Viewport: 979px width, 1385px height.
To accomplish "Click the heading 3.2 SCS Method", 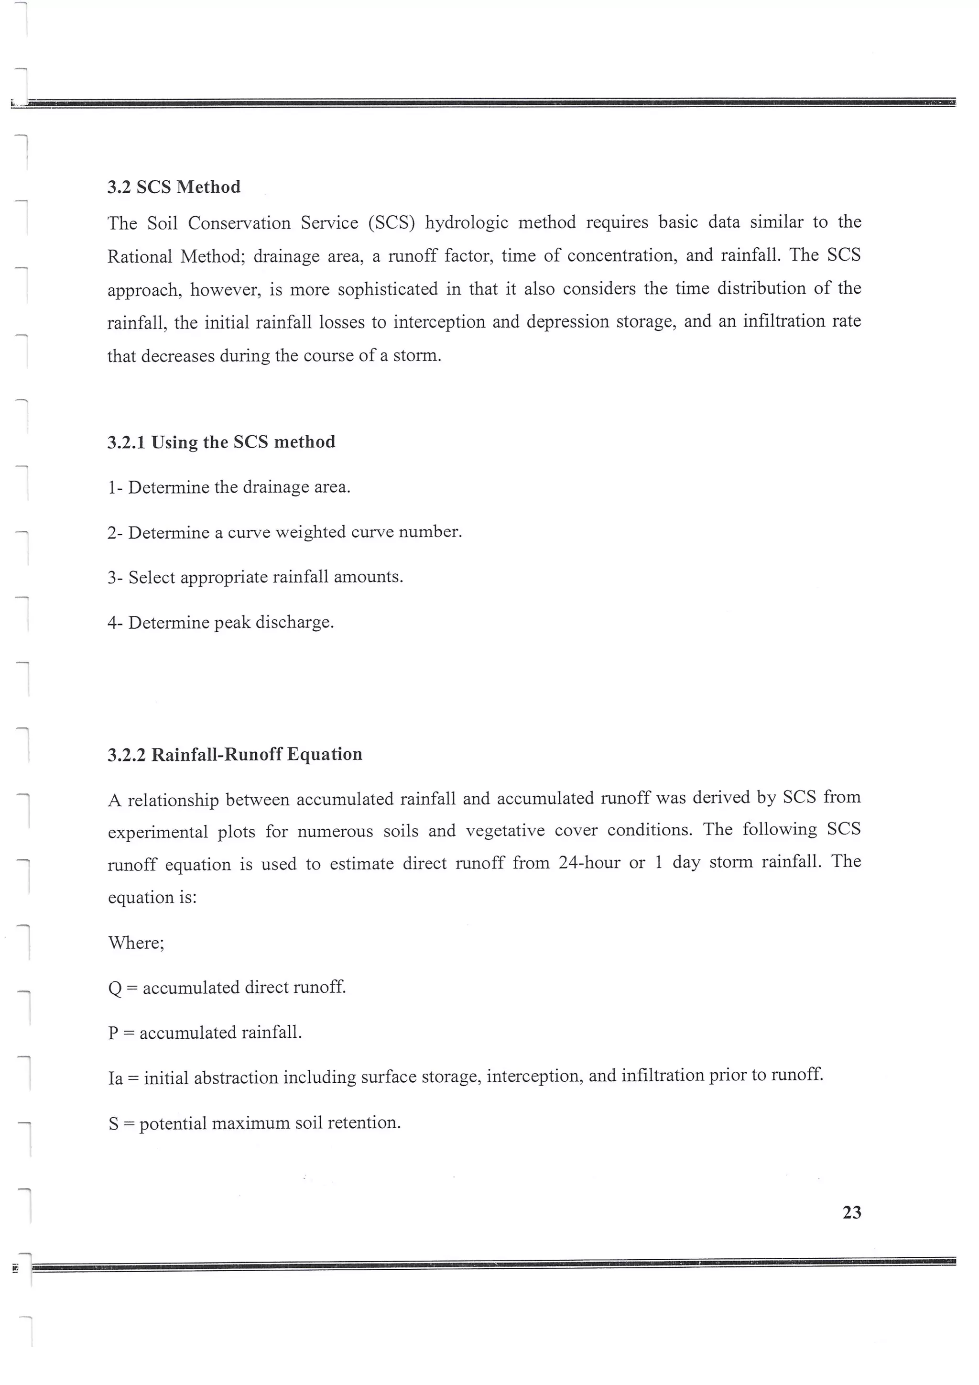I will (x=174, y=187).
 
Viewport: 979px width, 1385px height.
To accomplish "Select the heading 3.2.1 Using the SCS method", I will (x=221, y=442).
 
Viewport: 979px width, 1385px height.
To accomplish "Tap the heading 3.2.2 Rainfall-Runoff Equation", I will (x=235, y=755).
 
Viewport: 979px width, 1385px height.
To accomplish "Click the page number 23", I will (x=851, y=1212).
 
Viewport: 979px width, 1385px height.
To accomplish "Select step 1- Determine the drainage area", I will (x=229, y=487).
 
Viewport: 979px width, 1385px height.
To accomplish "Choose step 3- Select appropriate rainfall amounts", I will (x=255, y=577).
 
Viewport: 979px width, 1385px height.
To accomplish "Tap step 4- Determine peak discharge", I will (x=221, y=623).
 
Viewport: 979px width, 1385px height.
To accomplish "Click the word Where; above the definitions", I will (x=136, y=943).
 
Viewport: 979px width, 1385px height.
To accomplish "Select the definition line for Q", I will (x=227, y=988).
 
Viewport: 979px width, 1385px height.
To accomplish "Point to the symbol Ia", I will (x=115, y=1078).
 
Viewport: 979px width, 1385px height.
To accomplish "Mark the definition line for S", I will (x=254, y=1123).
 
